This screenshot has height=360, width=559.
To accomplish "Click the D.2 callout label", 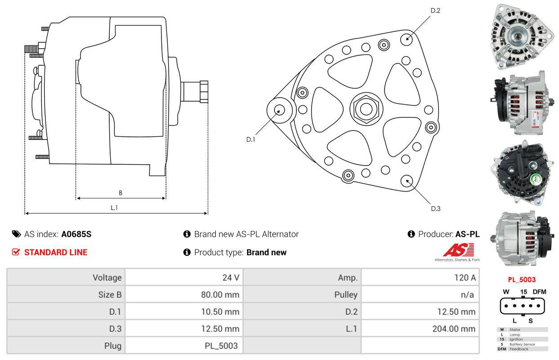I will pyautogui.click(x=435, y=10).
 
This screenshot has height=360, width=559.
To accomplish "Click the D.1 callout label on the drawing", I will pyautogui.click(x=250, y=139).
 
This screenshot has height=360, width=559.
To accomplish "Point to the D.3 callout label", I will pyautogui.click(x=435, y=208).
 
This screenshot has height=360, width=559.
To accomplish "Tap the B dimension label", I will pyautogui.click(x=121, y=193).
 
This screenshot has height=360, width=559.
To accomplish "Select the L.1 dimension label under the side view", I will pyautogui.click(x=114, y=207).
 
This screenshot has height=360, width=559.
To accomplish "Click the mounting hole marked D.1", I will pyautogui.click(x=279, y=110).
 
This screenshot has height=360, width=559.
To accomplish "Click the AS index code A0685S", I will pyautogui.click(x=76, y=234).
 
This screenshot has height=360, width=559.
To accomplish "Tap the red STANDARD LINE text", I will pyautogui.click(x=56, y=252).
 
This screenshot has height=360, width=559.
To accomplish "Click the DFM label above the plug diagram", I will pyautogui.click(x=539, y=292).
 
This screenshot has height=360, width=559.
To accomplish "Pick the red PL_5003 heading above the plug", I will pyautogui.click(x=522, y=279).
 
